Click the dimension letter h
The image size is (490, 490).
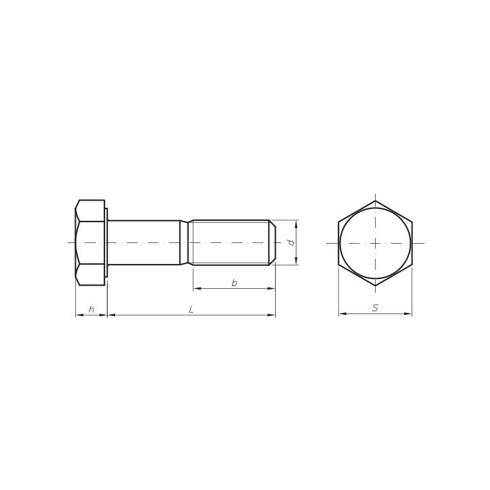click(91, 310)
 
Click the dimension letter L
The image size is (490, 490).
click(191, 310)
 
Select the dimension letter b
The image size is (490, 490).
click(234, 283)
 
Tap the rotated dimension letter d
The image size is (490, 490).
click(291, 242)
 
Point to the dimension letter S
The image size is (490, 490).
click(375, 308)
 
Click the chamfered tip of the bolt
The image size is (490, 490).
click(272, 242)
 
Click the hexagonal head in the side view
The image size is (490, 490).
click(90, 242)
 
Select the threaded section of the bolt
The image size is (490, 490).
click(231, 242)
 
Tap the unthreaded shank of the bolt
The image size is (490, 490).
click(144, 242)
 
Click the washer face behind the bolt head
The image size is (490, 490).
click(106, 242)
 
